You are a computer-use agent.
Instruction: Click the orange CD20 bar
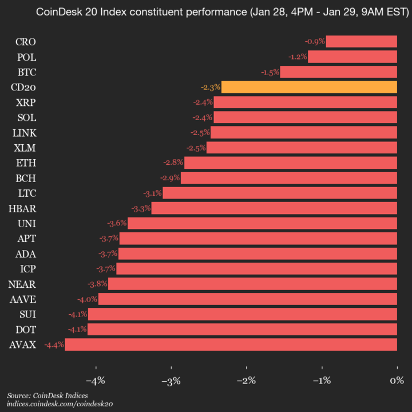[309, 87]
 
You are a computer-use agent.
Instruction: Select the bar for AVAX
[231, 344]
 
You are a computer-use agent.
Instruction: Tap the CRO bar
[361, 41]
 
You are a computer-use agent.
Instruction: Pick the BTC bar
[338, 72]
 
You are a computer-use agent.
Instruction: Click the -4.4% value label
[54, 344]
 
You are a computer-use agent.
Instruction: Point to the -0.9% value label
[315, 41]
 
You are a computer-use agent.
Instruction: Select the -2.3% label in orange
[210, 87]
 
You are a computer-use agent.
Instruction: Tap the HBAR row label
[22, 208]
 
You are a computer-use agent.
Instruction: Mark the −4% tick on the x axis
[96, 381]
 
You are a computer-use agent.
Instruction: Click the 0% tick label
[397, 381]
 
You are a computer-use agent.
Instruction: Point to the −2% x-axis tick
[246, 381]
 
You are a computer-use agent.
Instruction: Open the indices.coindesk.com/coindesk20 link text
[60, 403]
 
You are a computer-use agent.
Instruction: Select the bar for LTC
[280, 193]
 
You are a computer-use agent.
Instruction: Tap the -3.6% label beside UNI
[117, 223]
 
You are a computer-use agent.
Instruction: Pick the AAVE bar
[248, 299]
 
